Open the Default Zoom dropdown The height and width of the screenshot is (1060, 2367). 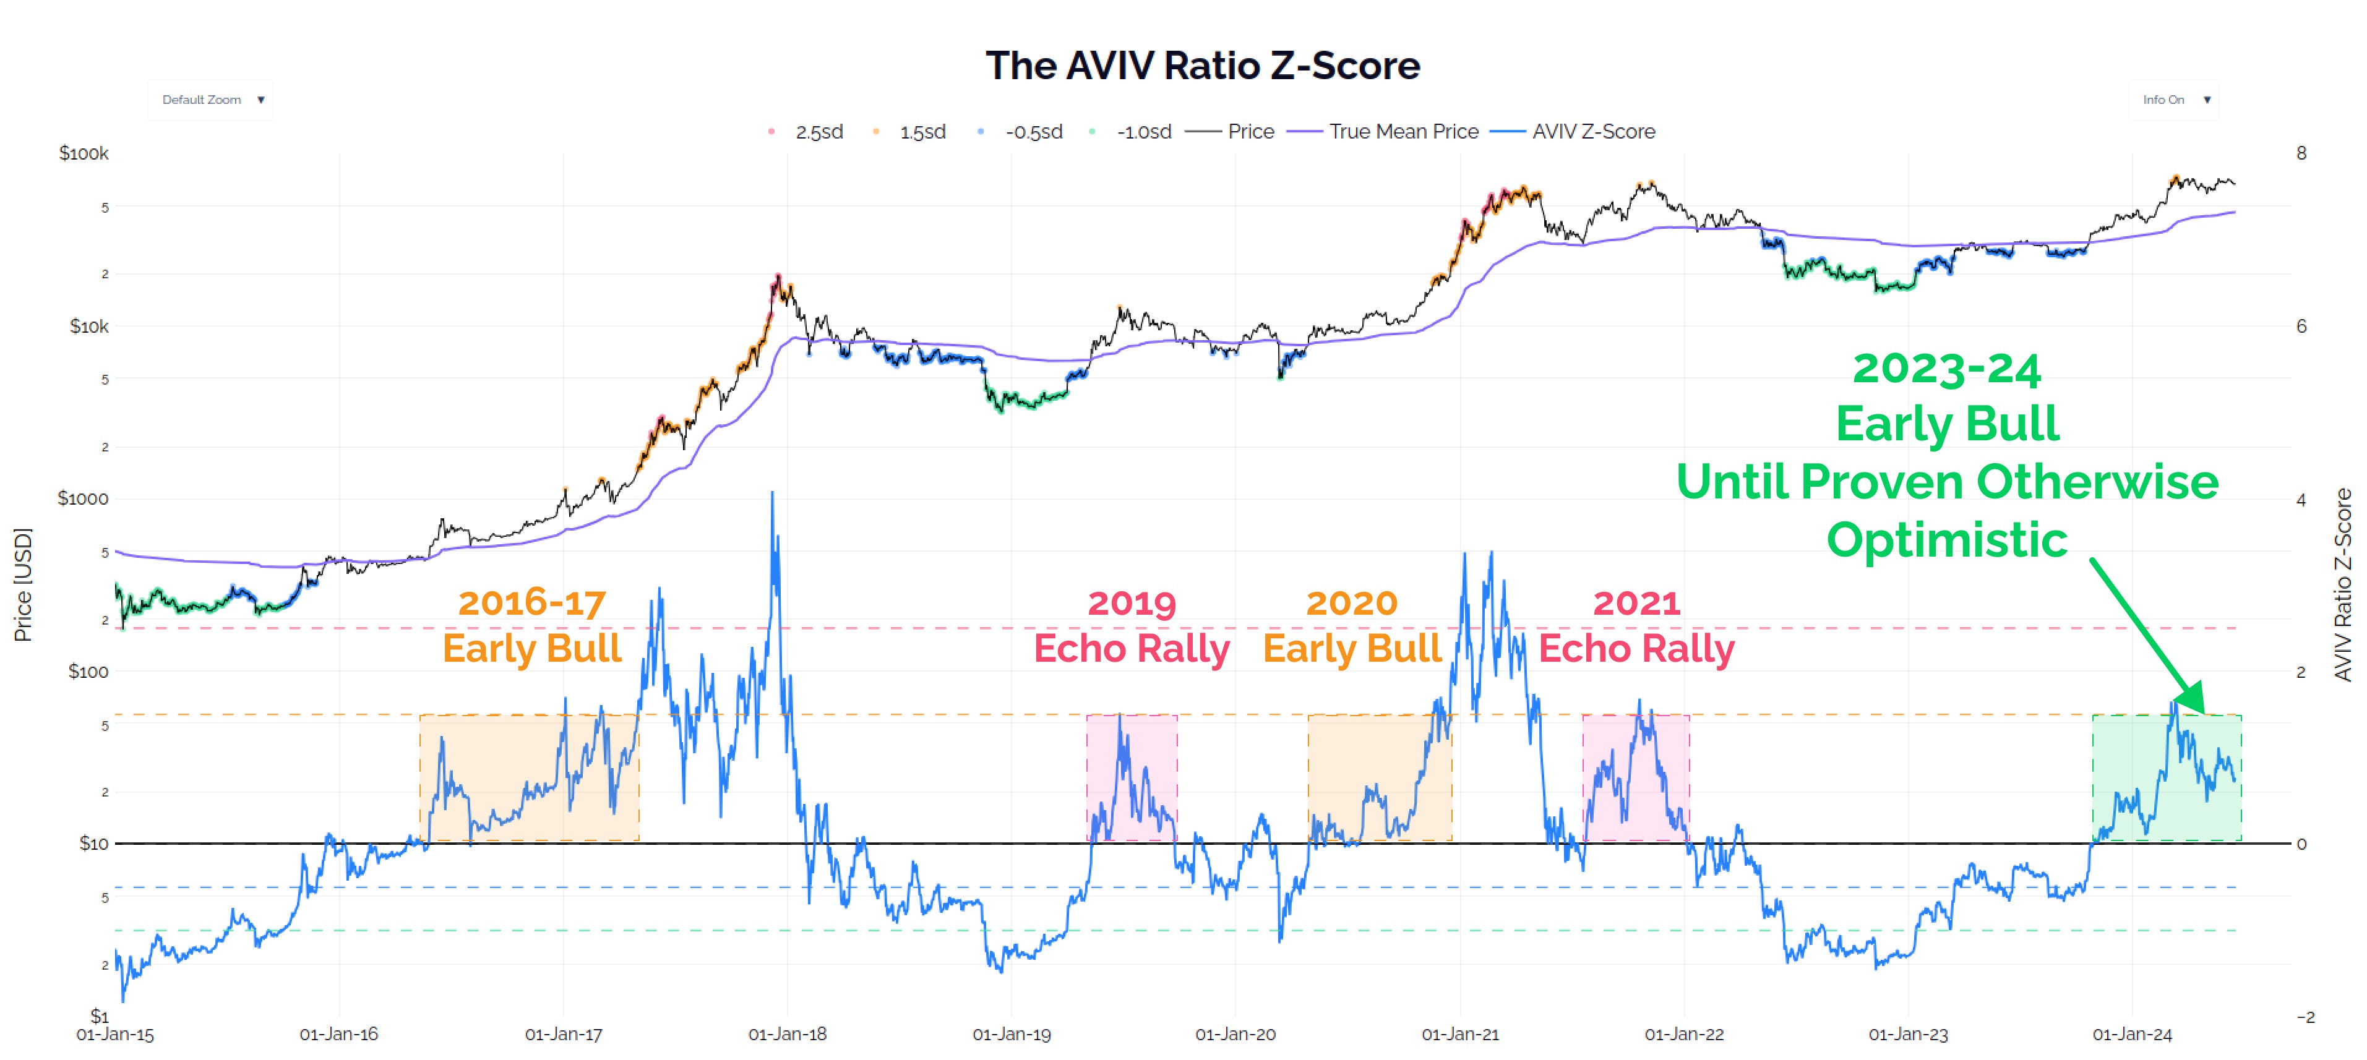coord(212,99)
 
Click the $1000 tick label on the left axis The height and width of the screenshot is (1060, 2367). coord(83,499)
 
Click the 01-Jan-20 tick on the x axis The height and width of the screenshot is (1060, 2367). coord(1235,1034)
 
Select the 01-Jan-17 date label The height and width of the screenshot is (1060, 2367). coord(563,1034)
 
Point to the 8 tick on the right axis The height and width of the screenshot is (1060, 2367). coord(2301,153)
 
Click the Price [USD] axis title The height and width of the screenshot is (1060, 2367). coord(23,584)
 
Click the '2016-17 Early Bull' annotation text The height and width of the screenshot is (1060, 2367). coord(532,626)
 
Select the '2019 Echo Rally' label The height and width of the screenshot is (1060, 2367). coord(1131,626)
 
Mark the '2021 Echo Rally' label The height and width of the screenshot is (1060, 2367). coord(1636,626)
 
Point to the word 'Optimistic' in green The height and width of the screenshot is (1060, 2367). coord(1946,539)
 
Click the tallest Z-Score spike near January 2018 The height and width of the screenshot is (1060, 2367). coord(772,496)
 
